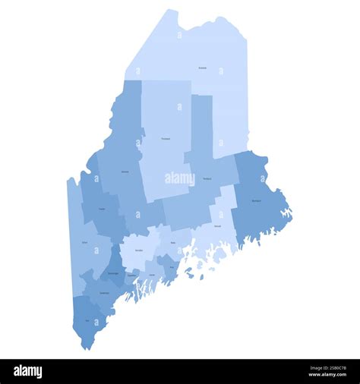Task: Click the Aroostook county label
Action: coord(202,68)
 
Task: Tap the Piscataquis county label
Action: coord(166,139)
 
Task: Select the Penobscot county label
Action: coord(207,178)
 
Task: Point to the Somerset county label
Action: coord(125,172)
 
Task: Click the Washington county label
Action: coord(256,200)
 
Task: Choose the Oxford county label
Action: coord(84,243)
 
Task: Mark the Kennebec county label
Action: coord(139,249)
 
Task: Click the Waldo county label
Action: coord(173,244)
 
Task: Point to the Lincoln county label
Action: coord(151,275)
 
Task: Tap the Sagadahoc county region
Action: coord(133,277)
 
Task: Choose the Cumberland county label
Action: coord(104,292)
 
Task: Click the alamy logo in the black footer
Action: coord(27,371)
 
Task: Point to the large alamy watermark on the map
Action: coord(180,179)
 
